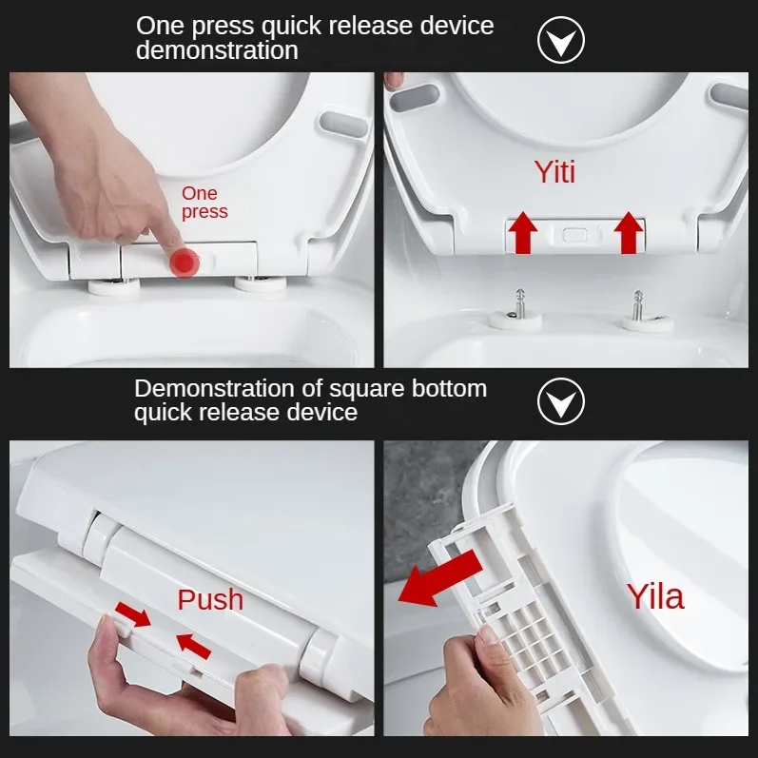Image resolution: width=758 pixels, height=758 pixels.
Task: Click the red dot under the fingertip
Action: (185, 263)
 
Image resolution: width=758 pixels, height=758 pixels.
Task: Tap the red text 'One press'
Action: (204, 203)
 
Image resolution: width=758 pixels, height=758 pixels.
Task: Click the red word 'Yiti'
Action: (555, 172)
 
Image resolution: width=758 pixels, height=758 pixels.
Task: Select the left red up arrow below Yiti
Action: (523, 232)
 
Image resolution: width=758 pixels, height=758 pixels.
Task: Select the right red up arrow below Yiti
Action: (629, 232)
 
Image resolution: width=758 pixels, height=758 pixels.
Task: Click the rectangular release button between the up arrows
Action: (574, 236)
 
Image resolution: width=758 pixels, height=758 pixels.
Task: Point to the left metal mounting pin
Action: (519, 303)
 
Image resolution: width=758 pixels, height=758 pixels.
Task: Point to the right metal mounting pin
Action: (638, 305)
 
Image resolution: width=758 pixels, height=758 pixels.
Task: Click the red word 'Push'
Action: (210, 599)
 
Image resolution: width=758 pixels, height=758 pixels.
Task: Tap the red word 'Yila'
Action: (655, 596)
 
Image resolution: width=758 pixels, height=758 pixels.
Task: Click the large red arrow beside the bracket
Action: (440, 578)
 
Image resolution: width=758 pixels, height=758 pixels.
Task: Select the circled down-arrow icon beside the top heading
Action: (561, 40)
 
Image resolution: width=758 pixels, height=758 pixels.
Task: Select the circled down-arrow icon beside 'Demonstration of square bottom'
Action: (561, 401)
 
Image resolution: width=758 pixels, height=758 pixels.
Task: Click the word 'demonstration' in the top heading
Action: (217, 50)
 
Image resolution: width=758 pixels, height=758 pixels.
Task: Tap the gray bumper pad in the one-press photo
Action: (344, 125)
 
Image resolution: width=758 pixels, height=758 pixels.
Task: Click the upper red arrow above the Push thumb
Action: (133, 614)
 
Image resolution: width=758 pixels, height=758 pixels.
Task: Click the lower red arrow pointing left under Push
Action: (193, 647)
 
